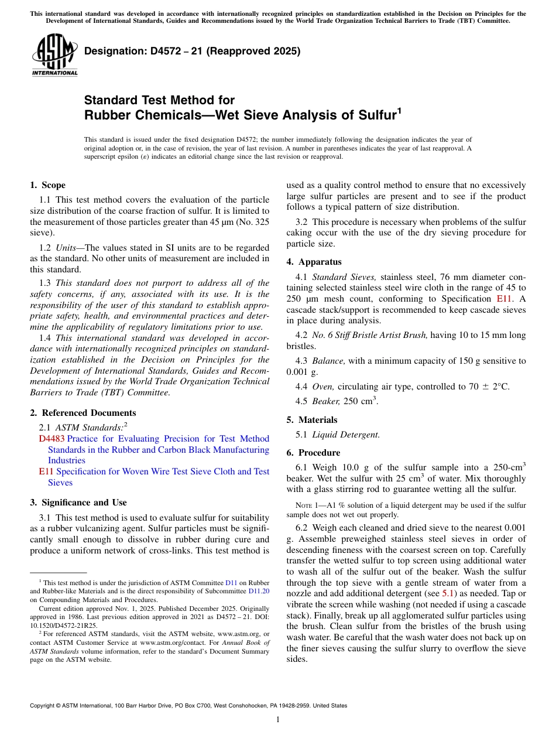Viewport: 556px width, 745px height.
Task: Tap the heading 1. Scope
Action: (47, 185)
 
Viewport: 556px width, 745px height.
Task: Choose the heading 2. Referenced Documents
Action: (83, 413)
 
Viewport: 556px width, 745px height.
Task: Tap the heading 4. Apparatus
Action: (314, 262)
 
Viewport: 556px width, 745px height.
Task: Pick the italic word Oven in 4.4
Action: (322, 387)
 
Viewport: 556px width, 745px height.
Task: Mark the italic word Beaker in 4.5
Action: (325, 401)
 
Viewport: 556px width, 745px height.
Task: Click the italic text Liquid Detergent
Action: (345, 435)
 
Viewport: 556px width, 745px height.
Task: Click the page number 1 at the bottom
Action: (278, 719)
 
